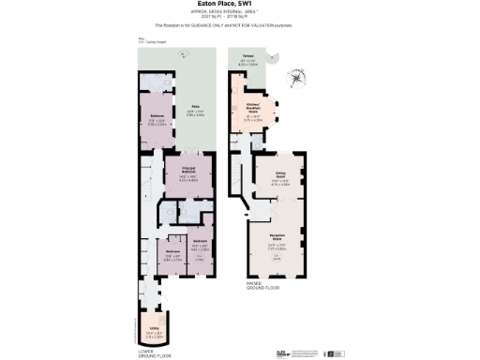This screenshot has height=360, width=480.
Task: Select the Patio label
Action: click(x=194, y=107)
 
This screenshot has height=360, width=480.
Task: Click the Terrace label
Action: click(x=248, y=56)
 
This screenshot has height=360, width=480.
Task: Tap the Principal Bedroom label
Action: click(x=187, y=171)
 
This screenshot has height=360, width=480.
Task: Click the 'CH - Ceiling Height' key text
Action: click(x=149, y=42)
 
